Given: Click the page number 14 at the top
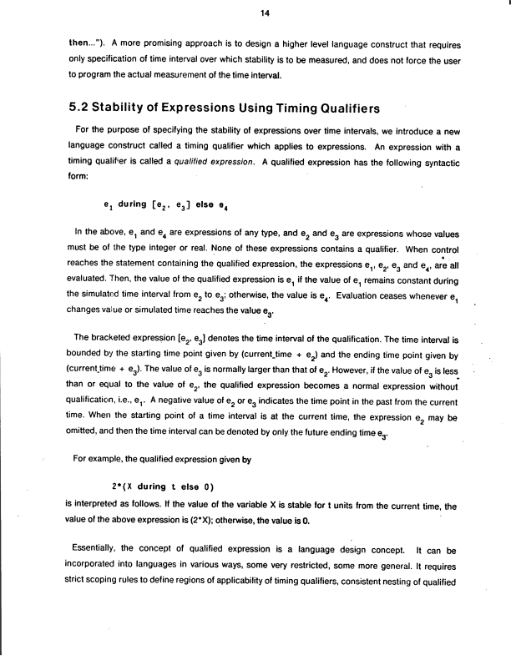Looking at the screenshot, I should pos(255,13).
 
